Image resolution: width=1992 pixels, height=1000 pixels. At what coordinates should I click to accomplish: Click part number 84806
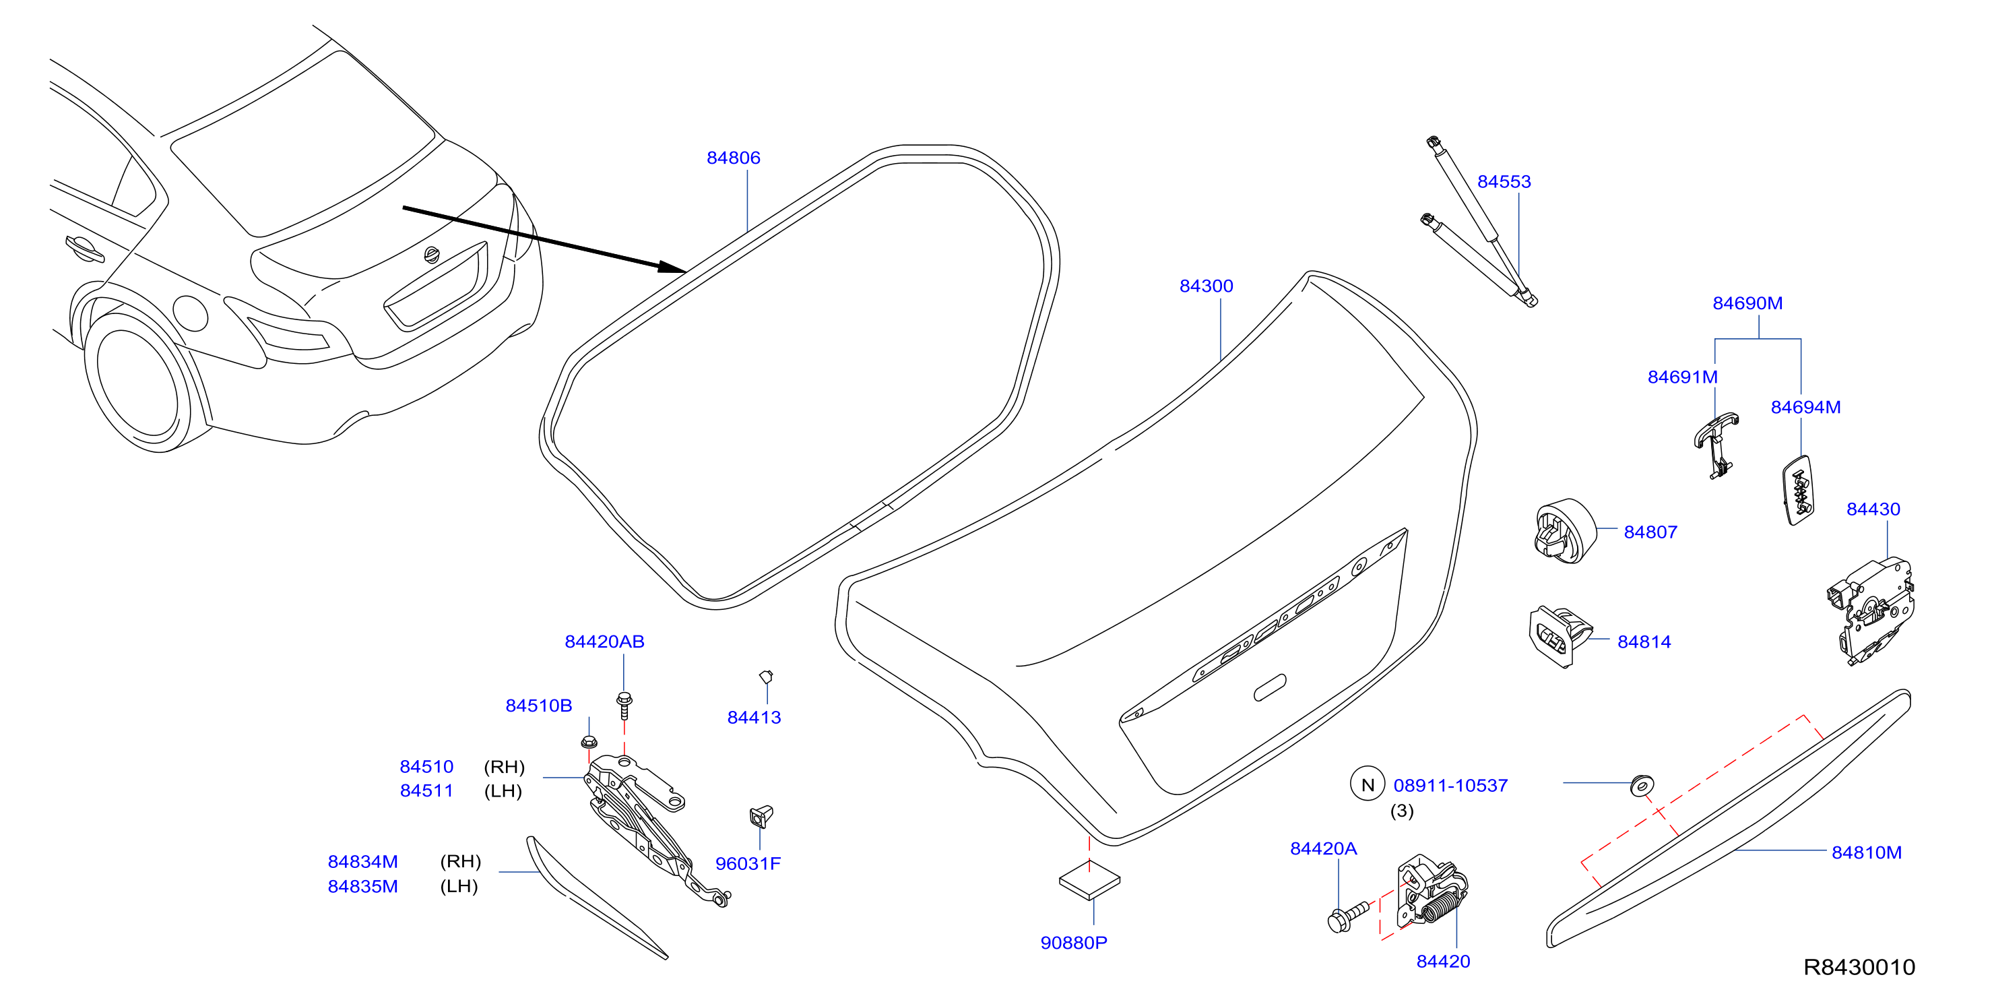pyautogui.click(x=733, y=158)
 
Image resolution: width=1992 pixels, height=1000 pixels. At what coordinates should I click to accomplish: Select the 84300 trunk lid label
pyautogui.click(x=1206, y=286)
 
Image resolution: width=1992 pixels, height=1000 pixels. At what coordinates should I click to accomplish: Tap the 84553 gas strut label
pyautogui.click(x=1504, y=182)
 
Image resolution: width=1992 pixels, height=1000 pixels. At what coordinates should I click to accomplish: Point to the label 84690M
pyautogui.click(x=1747, y=303)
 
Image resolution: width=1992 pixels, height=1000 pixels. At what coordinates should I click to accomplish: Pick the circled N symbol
pyautogui.click(x=1366, y=784)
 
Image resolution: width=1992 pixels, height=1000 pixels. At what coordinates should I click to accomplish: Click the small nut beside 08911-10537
pyautogui.click(x=1641, y=785)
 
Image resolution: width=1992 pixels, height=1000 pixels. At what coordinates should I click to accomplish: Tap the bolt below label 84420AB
pyautogui.click(x=624, y=705)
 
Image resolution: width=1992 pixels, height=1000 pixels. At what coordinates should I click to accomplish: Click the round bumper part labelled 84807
pyautogui.click(x=1564, y=531)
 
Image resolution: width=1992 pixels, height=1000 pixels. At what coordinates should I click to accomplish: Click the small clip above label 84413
pyautogui.click(x=765, y=677)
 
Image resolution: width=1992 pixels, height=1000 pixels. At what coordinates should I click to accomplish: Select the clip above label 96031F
pyautogui.click(x=761, y=817)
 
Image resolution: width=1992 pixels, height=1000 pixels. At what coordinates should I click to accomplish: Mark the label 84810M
pyautogui.click(x=1866, y=852)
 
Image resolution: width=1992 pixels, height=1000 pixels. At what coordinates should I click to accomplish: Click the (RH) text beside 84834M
pyautogui.click(x=460, y=862)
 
